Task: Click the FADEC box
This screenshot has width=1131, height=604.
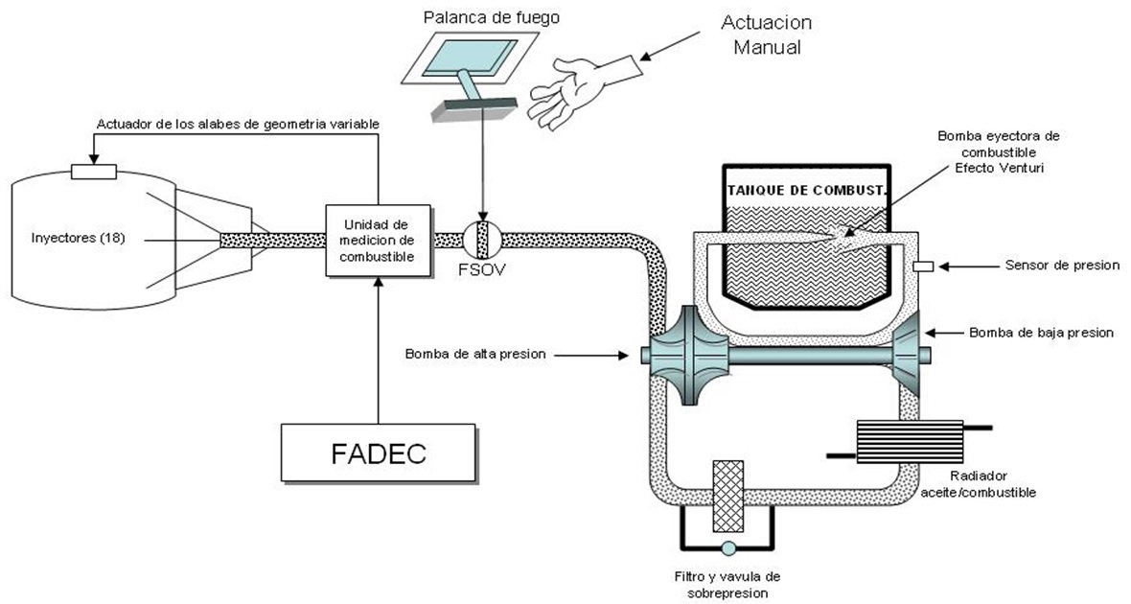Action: pyautogui.click(x=379, y=452)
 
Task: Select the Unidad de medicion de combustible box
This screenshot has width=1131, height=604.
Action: pyautogui.click(x=379, y=240)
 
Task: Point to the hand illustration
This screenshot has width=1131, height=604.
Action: pyautogui.click(x=580, y=91)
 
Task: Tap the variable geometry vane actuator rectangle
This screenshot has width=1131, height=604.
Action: pyautogui.click(x=94, y=173)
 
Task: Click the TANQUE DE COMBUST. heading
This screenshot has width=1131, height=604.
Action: pyautogui.click(x=806, y=190)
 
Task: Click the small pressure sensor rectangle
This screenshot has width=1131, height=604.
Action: pyautogui.click(x=925, y=266)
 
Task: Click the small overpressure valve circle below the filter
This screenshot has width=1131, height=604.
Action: pyautogui.click(x=727, y=548)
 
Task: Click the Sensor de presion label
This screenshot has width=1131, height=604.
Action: pyautogui.click(x=1062, y=266)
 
